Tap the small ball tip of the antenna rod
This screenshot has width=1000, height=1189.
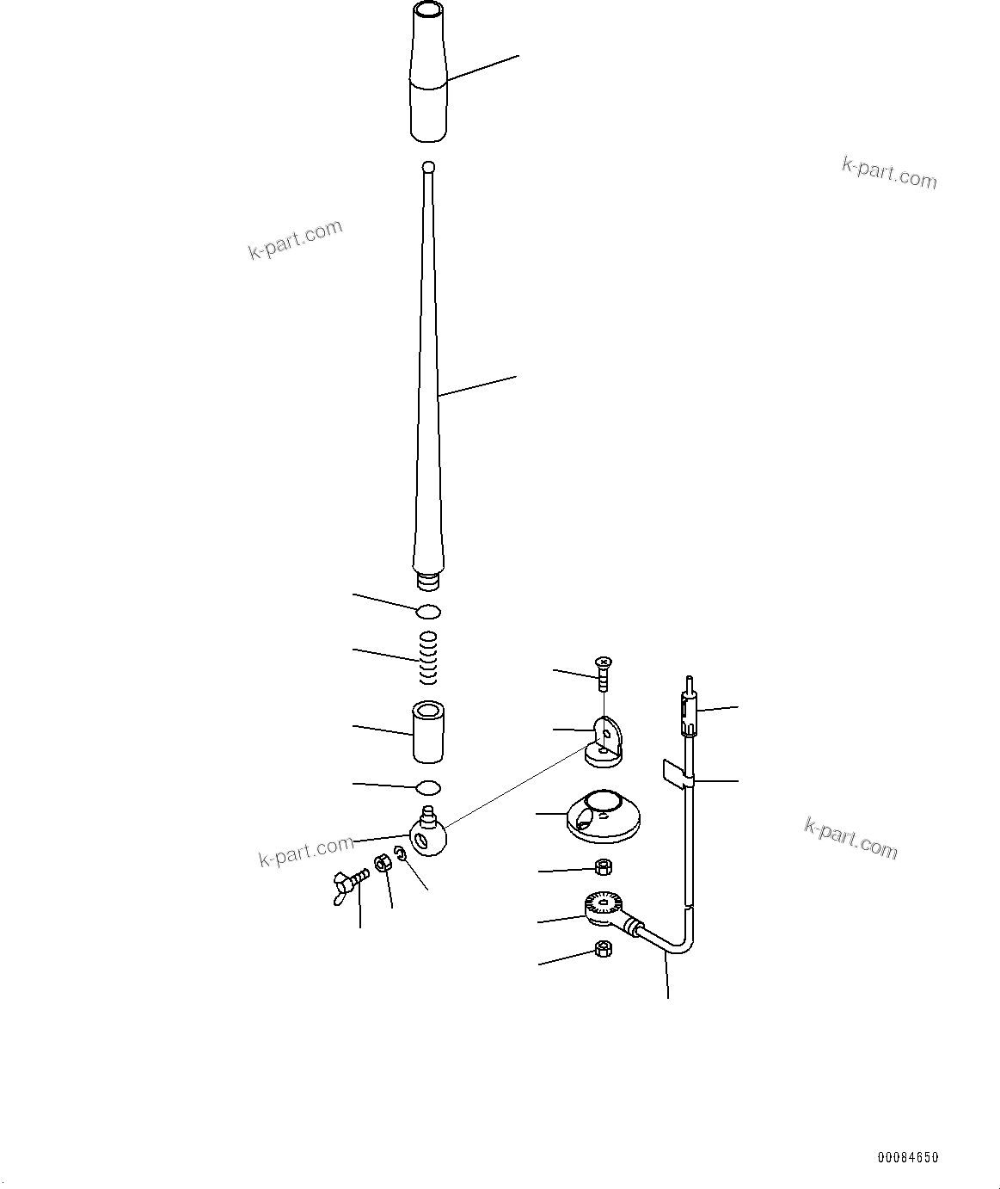429,167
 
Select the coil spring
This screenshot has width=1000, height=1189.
429,658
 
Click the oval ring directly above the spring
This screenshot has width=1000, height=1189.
428,612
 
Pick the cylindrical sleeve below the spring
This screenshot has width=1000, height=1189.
428,732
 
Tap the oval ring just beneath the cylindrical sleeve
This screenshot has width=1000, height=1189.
428,787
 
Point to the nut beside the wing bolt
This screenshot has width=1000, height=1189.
384,864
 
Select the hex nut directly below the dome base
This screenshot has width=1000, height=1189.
603,866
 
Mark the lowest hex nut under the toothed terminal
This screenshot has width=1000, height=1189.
603,950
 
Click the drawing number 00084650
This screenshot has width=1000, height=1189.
908,1158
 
